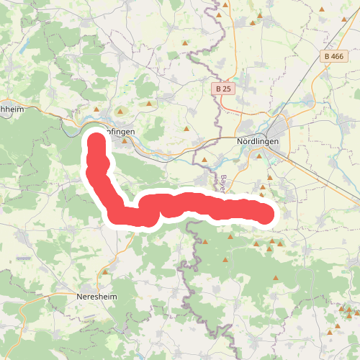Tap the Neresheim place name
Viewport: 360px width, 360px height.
coord(96,296)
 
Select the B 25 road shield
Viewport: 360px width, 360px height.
coord(223,89)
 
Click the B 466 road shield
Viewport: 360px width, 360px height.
coord(333,56)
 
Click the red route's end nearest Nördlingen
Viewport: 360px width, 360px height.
coord(268,214)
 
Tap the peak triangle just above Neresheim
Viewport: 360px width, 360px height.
coord(105,273)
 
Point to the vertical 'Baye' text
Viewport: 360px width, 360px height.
coord(224,181)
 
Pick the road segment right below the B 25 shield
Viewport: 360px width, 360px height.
coord(222,101)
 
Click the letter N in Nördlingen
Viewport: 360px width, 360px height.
coord(240,142)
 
